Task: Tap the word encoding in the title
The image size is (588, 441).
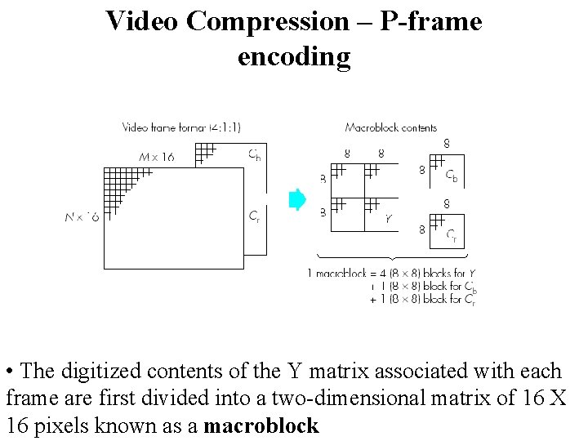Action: [x=294, y=57]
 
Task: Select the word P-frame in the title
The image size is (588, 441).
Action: [x=431, y=21]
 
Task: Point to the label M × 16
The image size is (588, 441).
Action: [x=157, y=157]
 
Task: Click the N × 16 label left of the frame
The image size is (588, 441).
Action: [x=82, y=217]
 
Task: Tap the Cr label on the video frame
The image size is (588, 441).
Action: [x=256, y=216]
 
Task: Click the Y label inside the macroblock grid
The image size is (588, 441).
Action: [x=388, y=218]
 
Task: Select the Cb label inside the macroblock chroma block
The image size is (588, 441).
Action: [x=452, y=175]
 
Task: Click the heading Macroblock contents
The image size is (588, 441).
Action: [x=390, y=127]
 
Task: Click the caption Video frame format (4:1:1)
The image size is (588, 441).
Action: [x=181, y=127]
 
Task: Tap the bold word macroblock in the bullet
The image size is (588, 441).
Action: [x=261, y=425]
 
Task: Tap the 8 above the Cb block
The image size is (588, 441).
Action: [x=447, y=144]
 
